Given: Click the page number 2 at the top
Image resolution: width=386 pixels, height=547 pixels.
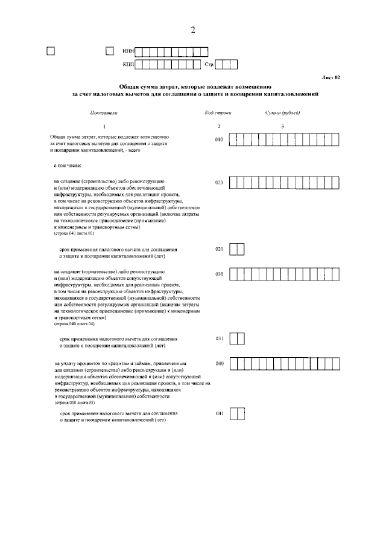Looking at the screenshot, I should (192, 30).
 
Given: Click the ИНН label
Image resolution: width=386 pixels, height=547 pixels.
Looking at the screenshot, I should (128, 51).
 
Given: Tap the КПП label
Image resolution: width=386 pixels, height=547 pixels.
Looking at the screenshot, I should (128, 63).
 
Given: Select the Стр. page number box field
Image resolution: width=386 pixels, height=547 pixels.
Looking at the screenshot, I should (227, 63).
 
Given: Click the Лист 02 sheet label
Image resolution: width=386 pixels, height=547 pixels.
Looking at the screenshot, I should (331, 78).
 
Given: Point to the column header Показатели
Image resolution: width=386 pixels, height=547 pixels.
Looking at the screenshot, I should (103, 113).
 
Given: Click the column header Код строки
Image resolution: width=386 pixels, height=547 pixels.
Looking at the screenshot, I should (218, 113).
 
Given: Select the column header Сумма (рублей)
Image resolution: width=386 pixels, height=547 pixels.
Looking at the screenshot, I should (282, 113).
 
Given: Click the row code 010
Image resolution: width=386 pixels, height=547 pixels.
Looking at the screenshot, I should (219, 140).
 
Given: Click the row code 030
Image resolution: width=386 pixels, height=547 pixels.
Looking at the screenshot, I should (219, 274).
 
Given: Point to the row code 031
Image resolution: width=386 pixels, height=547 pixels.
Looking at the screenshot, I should (219, 338).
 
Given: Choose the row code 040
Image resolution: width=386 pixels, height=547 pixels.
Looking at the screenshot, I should (219, 364).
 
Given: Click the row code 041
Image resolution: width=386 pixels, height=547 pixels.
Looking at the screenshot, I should (219, 413).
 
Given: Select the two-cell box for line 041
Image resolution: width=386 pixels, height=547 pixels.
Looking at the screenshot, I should (238, 413).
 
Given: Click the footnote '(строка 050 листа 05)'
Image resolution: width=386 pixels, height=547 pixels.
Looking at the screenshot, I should (74, 402).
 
